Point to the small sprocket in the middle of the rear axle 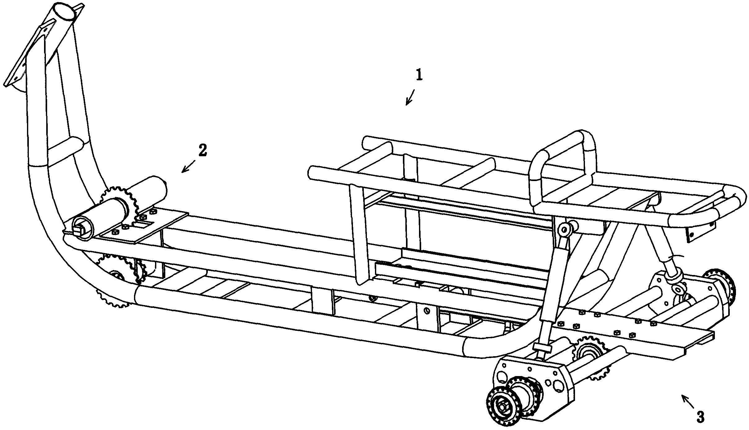click(588, 352)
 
